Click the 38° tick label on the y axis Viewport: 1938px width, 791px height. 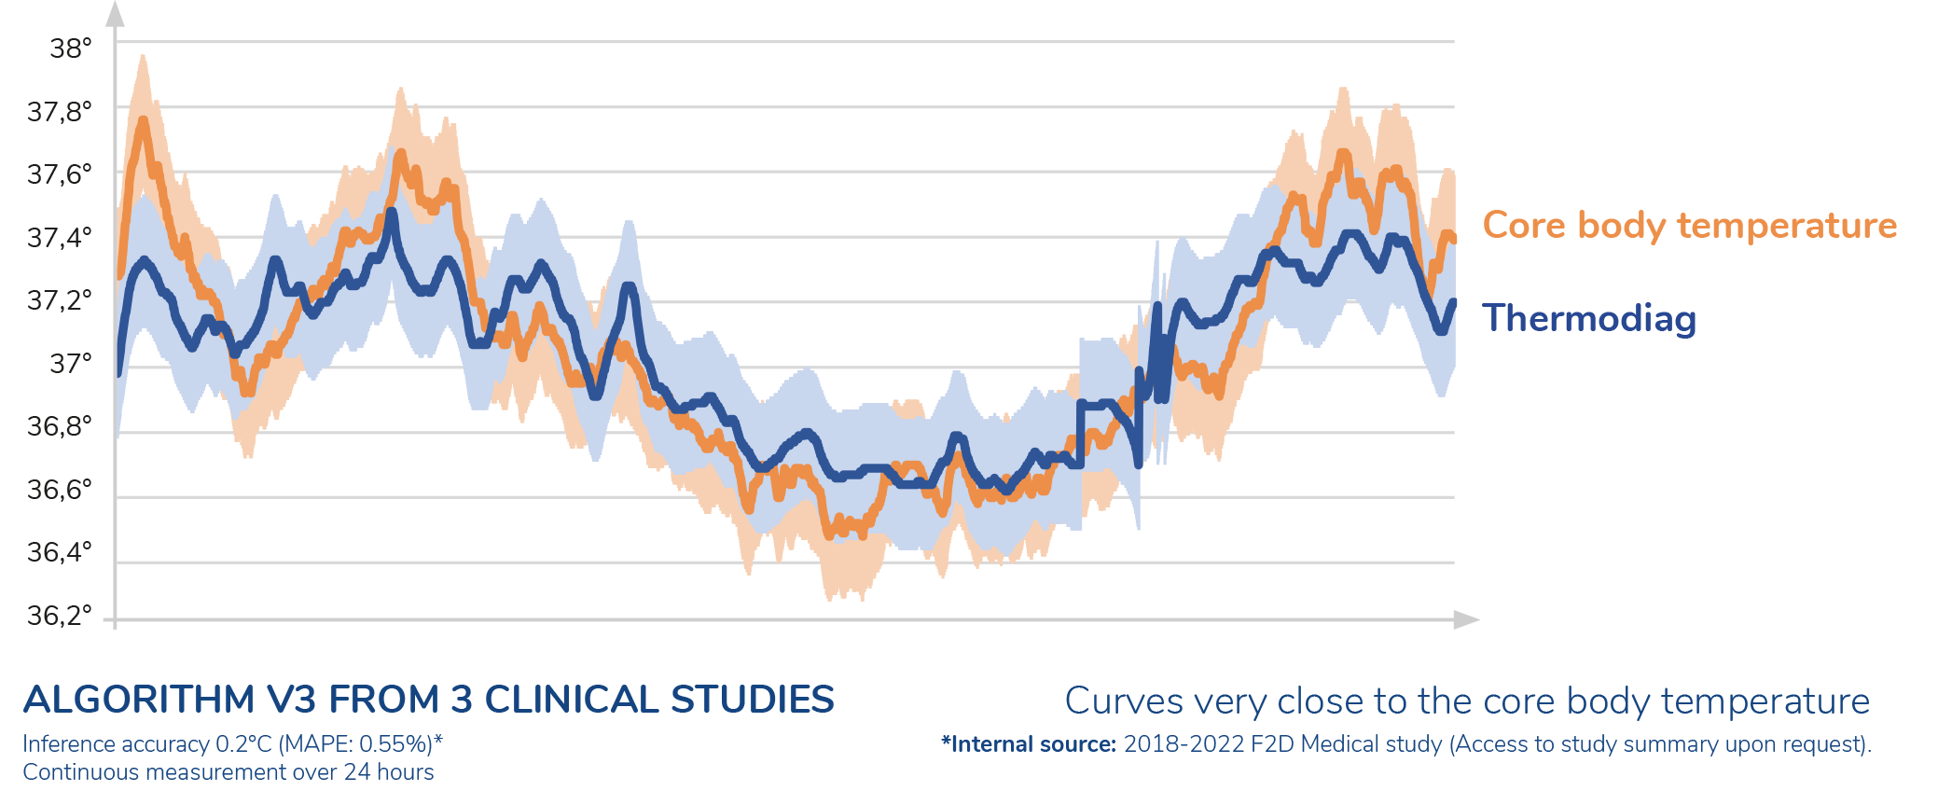71,48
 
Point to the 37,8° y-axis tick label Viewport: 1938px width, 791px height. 60,112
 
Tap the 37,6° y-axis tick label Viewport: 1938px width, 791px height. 60,174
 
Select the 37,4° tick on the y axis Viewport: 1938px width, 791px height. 60,238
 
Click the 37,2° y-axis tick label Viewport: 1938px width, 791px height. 60,300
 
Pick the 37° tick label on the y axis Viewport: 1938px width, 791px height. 71,363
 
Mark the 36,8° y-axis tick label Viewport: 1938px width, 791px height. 60,426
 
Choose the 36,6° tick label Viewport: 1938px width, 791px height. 60,489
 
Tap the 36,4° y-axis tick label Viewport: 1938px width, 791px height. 60,552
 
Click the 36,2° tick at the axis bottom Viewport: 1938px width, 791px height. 60,616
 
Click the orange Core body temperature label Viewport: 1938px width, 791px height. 1689,226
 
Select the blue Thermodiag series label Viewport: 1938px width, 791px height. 1588,319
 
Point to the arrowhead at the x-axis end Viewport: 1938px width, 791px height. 1467,619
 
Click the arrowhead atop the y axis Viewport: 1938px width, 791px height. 115,13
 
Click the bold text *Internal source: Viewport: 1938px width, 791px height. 1028,744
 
